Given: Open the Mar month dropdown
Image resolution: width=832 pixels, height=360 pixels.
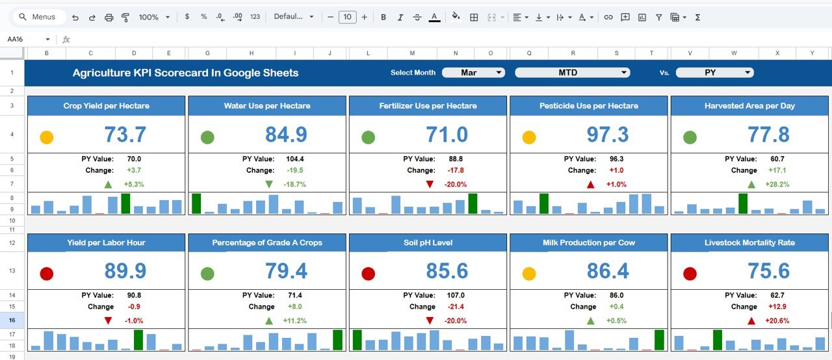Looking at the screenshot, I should click(473, 73).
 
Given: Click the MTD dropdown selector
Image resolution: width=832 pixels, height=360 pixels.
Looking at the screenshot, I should click(572, 73).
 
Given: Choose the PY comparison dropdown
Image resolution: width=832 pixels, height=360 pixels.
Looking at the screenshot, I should click(714, 73).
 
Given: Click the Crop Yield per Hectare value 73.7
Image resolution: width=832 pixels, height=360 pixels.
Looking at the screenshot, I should click(125, 135).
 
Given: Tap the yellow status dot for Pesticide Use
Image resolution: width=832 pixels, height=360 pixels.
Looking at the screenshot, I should click(529, 137).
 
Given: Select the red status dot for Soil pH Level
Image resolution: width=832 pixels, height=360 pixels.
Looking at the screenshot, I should click(368, 274).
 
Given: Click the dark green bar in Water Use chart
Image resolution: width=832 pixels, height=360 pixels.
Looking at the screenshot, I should click(196, 203).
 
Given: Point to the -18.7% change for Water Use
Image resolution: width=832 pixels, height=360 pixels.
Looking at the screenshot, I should click(294, 185).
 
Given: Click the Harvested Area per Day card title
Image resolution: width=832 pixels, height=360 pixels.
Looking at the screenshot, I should click(749, 106).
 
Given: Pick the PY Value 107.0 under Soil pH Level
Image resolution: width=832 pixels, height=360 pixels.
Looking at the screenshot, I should click(456, 296).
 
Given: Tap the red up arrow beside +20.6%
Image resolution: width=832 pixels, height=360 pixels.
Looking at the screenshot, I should click(751, 321).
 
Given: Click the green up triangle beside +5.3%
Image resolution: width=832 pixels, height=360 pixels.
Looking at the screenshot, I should click(108, 185).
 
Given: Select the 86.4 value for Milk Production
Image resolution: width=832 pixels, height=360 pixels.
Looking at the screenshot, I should click(607, 271).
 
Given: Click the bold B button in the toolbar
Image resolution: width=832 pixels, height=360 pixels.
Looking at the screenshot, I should click(383, 17).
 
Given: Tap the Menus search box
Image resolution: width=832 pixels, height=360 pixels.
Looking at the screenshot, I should click(38, 17).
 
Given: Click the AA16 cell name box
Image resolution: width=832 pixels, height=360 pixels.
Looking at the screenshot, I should click(26, 39).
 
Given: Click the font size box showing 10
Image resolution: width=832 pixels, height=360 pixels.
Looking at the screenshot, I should click(347, 17).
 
